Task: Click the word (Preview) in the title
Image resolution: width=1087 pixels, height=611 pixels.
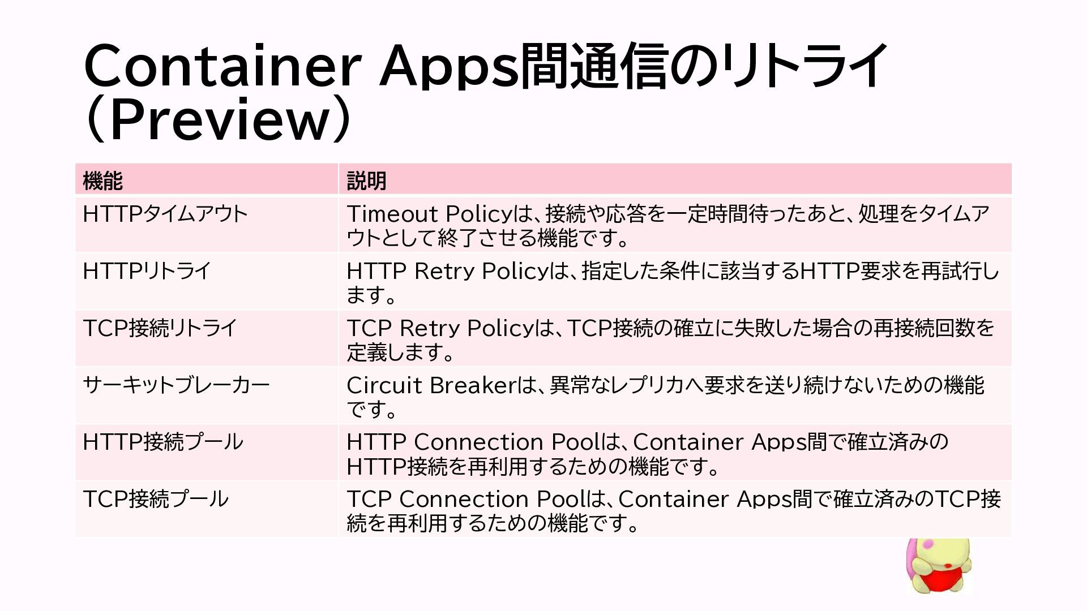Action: coord(218,119)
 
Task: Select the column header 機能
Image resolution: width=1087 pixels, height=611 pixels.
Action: coord(102,181)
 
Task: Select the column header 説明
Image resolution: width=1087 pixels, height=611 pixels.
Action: coord(366,181)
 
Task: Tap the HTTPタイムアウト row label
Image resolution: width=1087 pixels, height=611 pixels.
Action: coord(165,214)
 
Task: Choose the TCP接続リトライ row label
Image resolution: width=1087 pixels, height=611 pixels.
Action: coord(160,328)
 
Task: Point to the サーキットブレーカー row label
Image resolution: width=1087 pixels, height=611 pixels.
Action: coord(176,385)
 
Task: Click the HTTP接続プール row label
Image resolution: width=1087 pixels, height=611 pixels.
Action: coord(163,442)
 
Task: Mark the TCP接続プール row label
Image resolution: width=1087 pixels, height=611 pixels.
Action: coord(156,499)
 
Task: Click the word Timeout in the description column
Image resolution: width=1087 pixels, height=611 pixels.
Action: coord(392,214)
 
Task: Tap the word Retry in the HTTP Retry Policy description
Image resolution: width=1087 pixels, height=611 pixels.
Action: coord(444,271)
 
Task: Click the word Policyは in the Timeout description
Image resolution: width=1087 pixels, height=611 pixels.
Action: coord(490,214)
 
